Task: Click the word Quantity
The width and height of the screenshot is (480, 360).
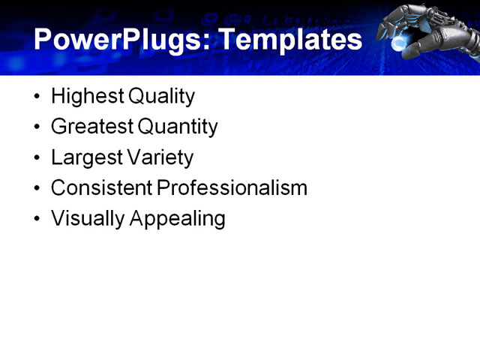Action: click(177, 127)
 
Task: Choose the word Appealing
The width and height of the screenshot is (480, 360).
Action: click(178, 218)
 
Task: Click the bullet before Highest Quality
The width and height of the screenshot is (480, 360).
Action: click(38, 97)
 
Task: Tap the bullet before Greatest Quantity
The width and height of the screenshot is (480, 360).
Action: click(38, 127)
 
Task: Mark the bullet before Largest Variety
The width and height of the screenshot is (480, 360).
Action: click(38, 158)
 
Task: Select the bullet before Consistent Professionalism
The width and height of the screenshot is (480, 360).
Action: click(38, 188)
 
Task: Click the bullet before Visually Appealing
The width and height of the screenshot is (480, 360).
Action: click(38, 219)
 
